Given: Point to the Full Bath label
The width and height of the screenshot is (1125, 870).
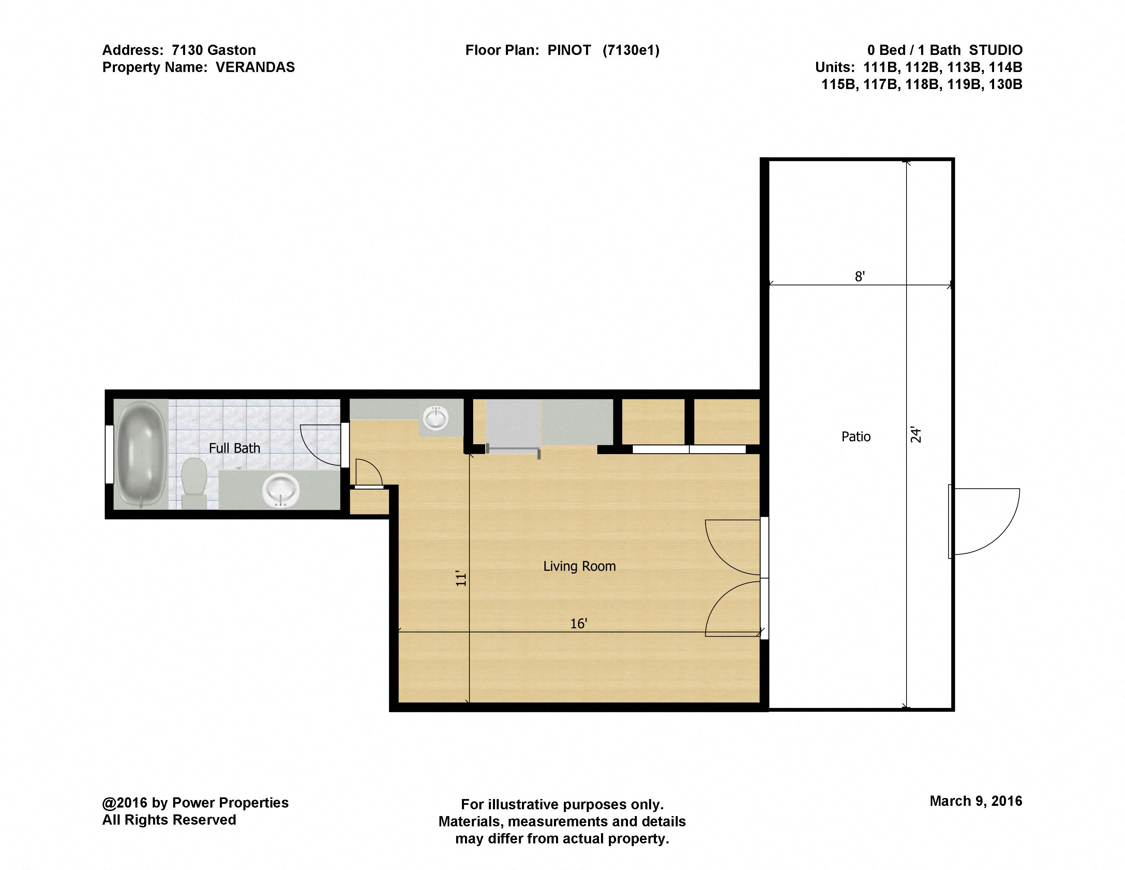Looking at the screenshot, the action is tap(235, 448).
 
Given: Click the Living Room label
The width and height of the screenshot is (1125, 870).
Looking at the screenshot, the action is tap(580, 566).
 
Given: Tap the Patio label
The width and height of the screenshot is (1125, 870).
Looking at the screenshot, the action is tap(856, 437).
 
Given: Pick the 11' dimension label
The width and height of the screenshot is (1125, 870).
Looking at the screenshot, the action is tap(461, 578).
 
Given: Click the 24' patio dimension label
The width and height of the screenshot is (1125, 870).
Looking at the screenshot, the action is tap(915, 434).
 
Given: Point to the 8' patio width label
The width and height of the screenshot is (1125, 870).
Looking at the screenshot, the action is tap(860, 277).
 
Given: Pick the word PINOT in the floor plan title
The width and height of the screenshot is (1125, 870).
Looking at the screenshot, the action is tap(569, 50).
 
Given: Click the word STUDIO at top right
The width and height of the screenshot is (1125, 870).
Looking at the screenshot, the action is tap(996, 50).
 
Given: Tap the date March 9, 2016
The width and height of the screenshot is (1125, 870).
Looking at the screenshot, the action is tap(976, 801).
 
